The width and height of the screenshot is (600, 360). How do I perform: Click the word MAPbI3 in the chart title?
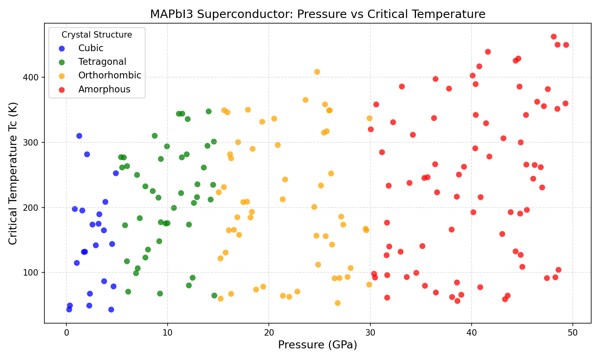tap(168, 14)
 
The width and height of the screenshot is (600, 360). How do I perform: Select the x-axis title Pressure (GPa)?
tap(317, 345)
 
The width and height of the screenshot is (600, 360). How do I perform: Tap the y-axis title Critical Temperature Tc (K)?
tap(13, 173)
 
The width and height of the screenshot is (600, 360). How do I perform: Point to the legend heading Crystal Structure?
tap(97, 35)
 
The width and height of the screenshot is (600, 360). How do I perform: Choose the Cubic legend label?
tap(91, 48)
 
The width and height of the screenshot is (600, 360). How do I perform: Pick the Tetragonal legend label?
tap(102, 62)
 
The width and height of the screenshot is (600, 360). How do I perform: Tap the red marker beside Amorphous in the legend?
tap(62, 90)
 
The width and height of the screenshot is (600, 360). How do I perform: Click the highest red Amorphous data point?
tap(554, 37)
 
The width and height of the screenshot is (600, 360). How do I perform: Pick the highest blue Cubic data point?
tap(79, 136)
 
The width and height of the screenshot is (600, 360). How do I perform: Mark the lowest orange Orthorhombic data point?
tap(338, 303)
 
